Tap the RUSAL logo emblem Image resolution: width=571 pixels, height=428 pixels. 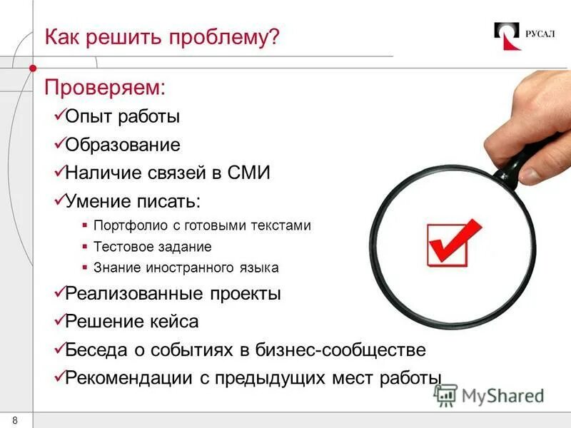click(507, 36)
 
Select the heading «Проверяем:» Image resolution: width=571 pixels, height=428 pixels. click(105, 88)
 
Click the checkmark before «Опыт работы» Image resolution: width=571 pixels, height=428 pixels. click(59, 115)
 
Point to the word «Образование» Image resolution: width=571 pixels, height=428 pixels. click(123, 145)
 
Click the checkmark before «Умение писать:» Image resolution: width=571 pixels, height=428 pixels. click(59, 200)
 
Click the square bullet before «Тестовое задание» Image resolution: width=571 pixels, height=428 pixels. click(85, 247)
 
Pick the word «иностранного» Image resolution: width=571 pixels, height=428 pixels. click(191, 268)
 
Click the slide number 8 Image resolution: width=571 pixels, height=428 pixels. click(15, 419)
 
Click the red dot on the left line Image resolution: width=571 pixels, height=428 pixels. click(33, 68)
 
